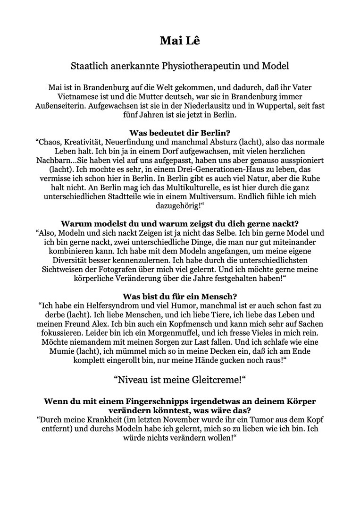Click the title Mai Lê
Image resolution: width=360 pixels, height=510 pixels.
pos(180,41)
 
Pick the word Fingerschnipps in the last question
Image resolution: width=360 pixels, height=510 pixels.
pos(123,401)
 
